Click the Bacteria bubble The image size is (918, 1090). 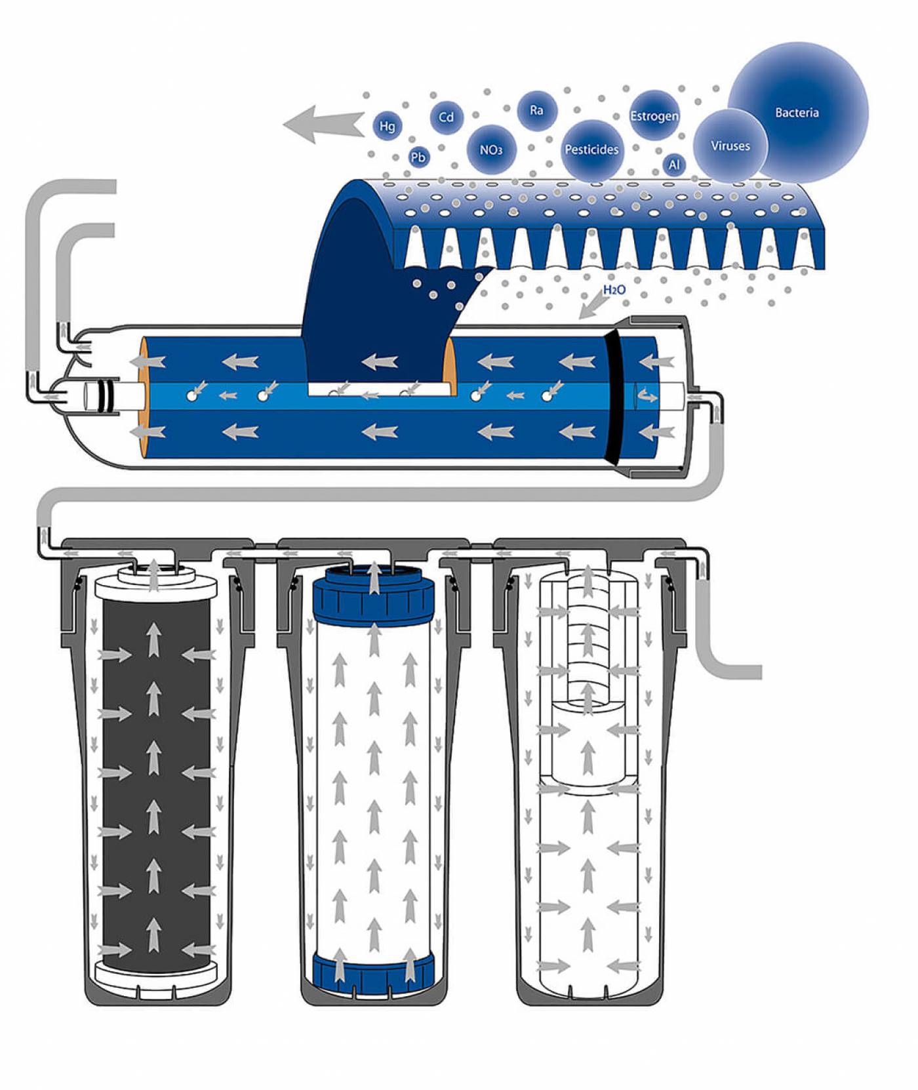pyautogui.click(x=797, y=113)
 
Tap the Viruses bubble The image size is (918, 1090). pyautogui.click(x=730, y=146)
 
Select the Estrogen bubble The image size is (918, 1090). pyautogui.click(x=654, y=116)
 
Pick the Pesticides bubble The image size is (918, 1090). pyautogui.click(x=591, y=150)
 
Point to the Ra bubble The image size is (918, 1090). pyautogui.click(x=536, y=110)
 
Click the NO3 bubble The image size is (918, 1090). pyautogui.click(x=490, y=150)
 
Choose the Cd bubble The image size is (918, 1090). pyautogui.click(x=446, y=117)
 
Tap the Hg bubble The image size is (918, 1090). pyautogui.click(x=388, y=125)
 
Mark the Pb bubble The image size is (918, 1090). pyautogui.click(x=418, y=157)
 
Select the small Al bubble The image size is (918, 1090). pyautogui.click(x=674, y=165)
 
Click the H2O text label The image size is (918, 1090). pyautogui.click(x=614, y=289)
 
